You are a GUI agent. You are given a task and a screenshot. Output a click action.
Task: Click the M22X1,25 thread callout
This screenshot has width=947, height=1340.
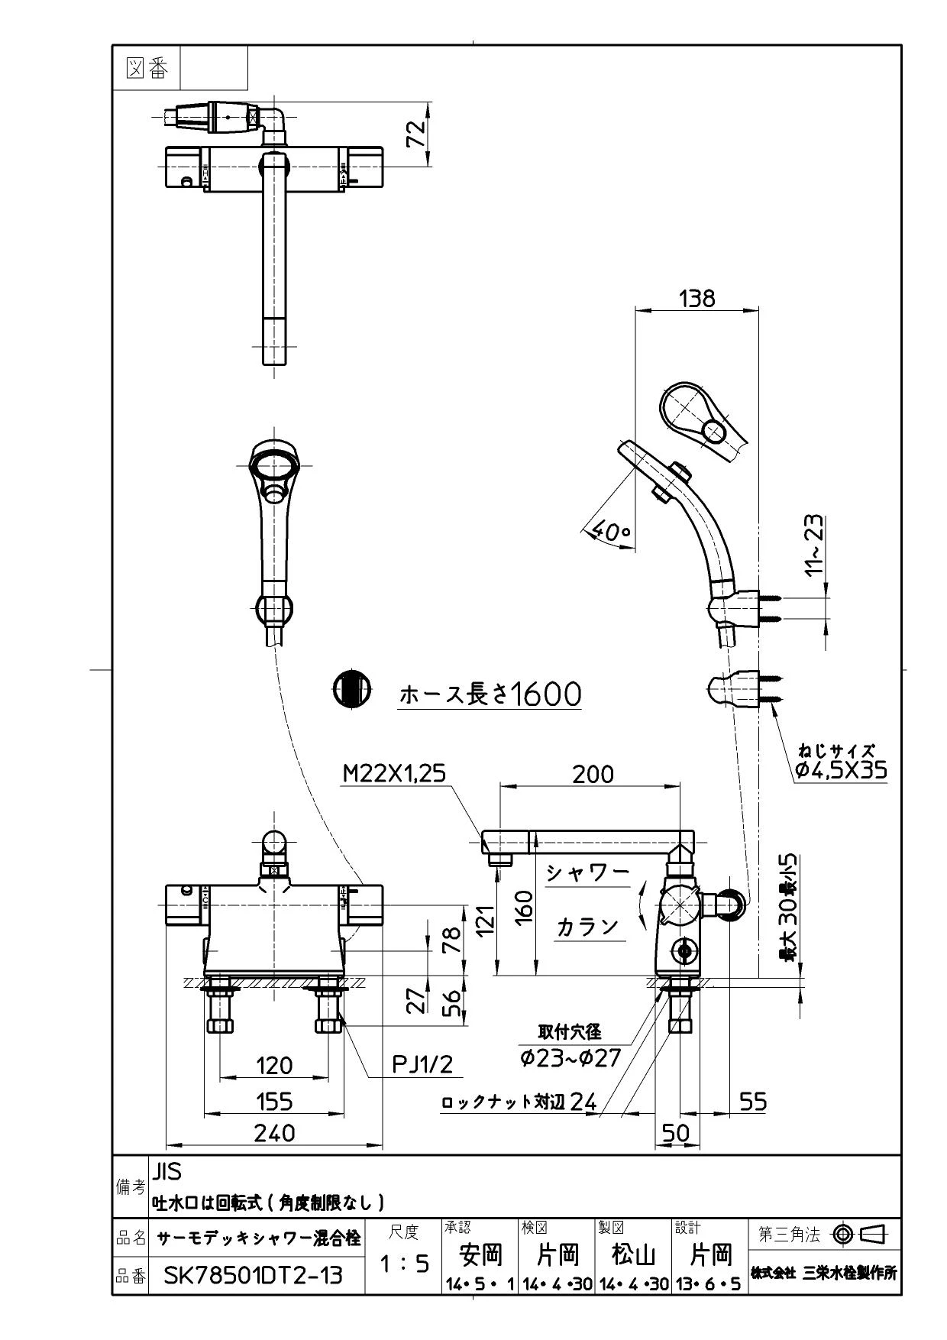[393, 774]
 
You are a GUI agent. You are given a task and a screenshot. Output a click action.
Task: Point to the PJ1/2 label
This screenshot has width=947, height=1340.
[422, 1063]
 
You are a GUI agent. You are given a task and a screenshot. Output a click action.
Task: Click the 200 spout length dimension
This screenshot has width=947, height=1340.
[593, 774]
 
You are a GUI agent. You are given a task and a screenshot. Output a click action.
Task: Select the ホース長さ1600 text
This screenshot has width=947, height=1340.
[490, 694]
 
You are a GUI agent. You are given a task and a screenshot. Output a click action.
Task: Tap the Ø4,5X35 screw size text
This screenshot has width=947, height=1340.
[841, 770]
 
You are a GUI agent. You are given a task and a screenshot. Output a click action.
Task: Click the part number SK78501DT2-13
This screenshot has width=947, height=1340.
[254, 1275]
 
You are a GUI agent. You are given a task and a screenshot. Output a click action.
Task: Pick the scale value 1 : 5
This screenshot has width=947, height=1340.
[404, 1265]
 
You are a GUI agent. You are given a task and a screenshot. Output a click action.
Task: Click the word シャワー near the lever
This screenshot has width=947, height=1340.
[587, 872]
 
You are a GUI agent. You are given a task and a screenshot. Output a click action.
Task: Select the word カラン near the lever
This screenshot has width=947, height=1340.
[587, 926]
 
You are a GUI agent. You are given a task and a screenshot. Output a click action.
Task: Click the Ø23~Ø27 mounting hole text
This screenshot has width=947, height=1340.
[570, 1057]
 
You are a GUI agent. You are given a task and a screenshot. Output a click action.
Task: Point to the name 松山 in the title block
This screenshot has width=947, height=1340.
[633, 1254]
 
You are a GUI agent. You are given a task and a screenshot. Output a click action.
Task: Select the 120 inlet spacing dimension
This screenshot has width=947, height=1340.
[274, 1064]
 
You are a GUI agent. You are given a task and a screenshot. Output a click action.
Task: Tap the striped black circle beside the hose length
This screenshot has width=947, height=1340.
[351, 689]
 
